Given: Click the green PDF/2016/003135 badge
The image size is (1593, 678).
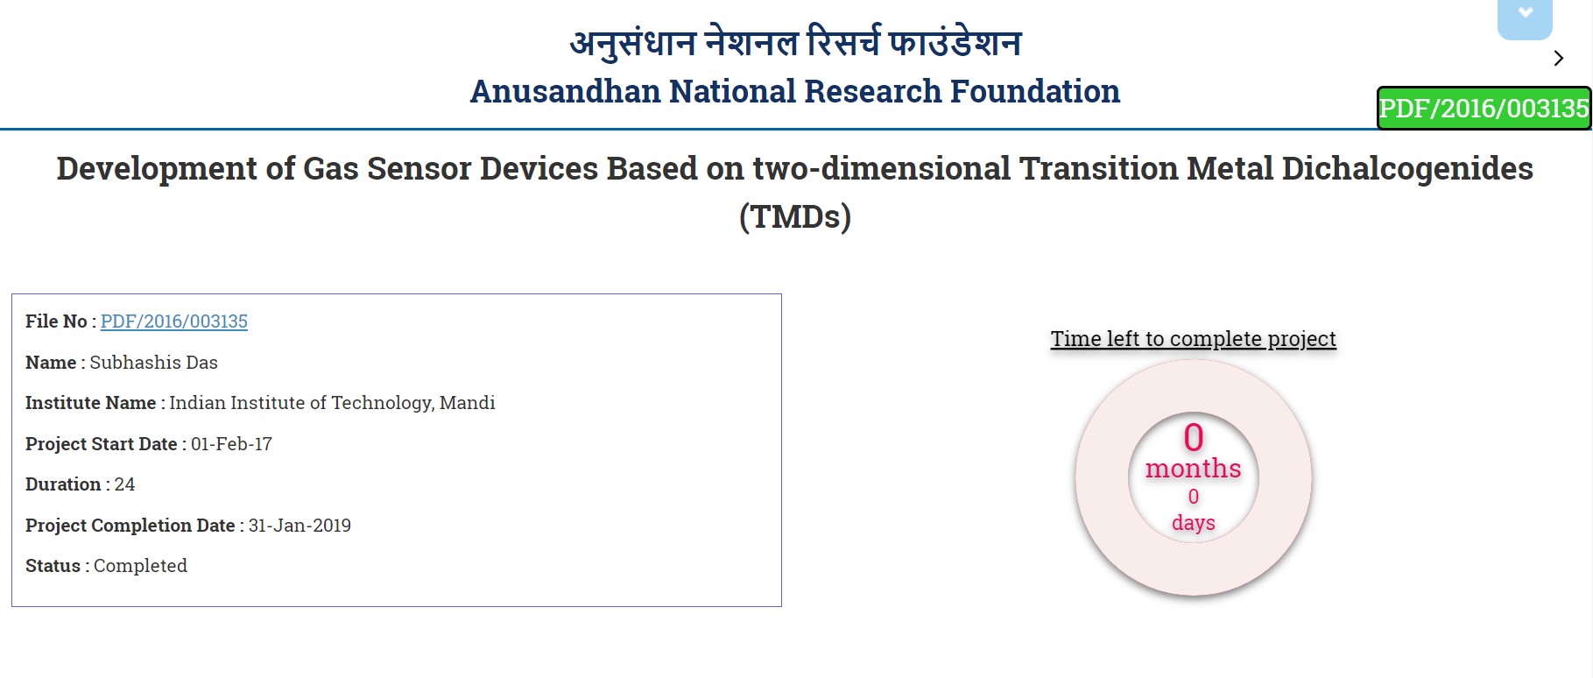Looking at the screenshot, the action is (1484, 108).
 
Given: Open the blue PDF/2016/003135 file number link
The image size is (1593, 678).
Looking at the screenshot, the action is (174, 321).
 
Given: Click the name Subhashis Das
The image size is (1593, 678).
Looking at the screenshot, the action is (153, 363).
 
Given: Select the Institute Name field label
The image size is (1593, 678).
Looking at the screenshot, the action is (90, 403).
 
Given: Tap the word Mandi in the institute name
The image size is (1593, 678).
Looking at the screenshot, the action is (467, 403).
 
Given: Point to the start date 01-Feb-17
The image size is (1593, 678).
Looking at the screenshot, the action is (231, 444).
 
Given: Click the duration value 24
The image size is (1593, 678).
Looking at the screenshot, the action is (124, 484).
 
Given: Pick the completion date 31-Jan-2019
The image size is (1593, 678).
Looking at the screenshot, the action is (300, 526).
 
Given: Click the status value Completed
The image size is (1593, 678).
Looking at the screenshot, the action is (140, 566).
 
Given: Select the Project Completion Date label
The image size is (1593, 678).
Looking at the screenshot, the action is (130, 526).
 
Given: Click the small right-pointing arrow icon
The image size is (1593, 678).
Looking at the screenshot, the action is (1559, 58).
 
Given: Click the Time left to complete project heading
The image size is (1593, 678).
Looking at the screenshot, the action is (1194, 339).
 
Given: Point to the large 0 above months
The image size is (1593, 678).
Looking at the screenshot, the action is (1194, 437).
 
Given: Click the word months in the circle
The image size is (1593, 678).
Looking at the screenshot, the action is (1194, 469).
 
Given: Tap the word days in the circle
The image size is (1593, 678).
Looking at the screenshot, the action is (1194, 523).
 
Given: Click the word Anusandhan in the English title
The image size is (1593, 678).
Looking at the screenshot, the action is (565, 91).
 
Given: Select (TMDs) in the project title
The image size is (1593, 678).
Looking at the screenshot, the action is (795, 216).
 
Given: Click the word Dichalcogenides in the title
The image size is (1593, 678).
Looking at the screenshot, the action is (1407, 168).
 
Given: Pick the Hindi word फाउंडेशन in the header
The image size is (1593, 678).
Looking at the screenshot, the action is (955, 42).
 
